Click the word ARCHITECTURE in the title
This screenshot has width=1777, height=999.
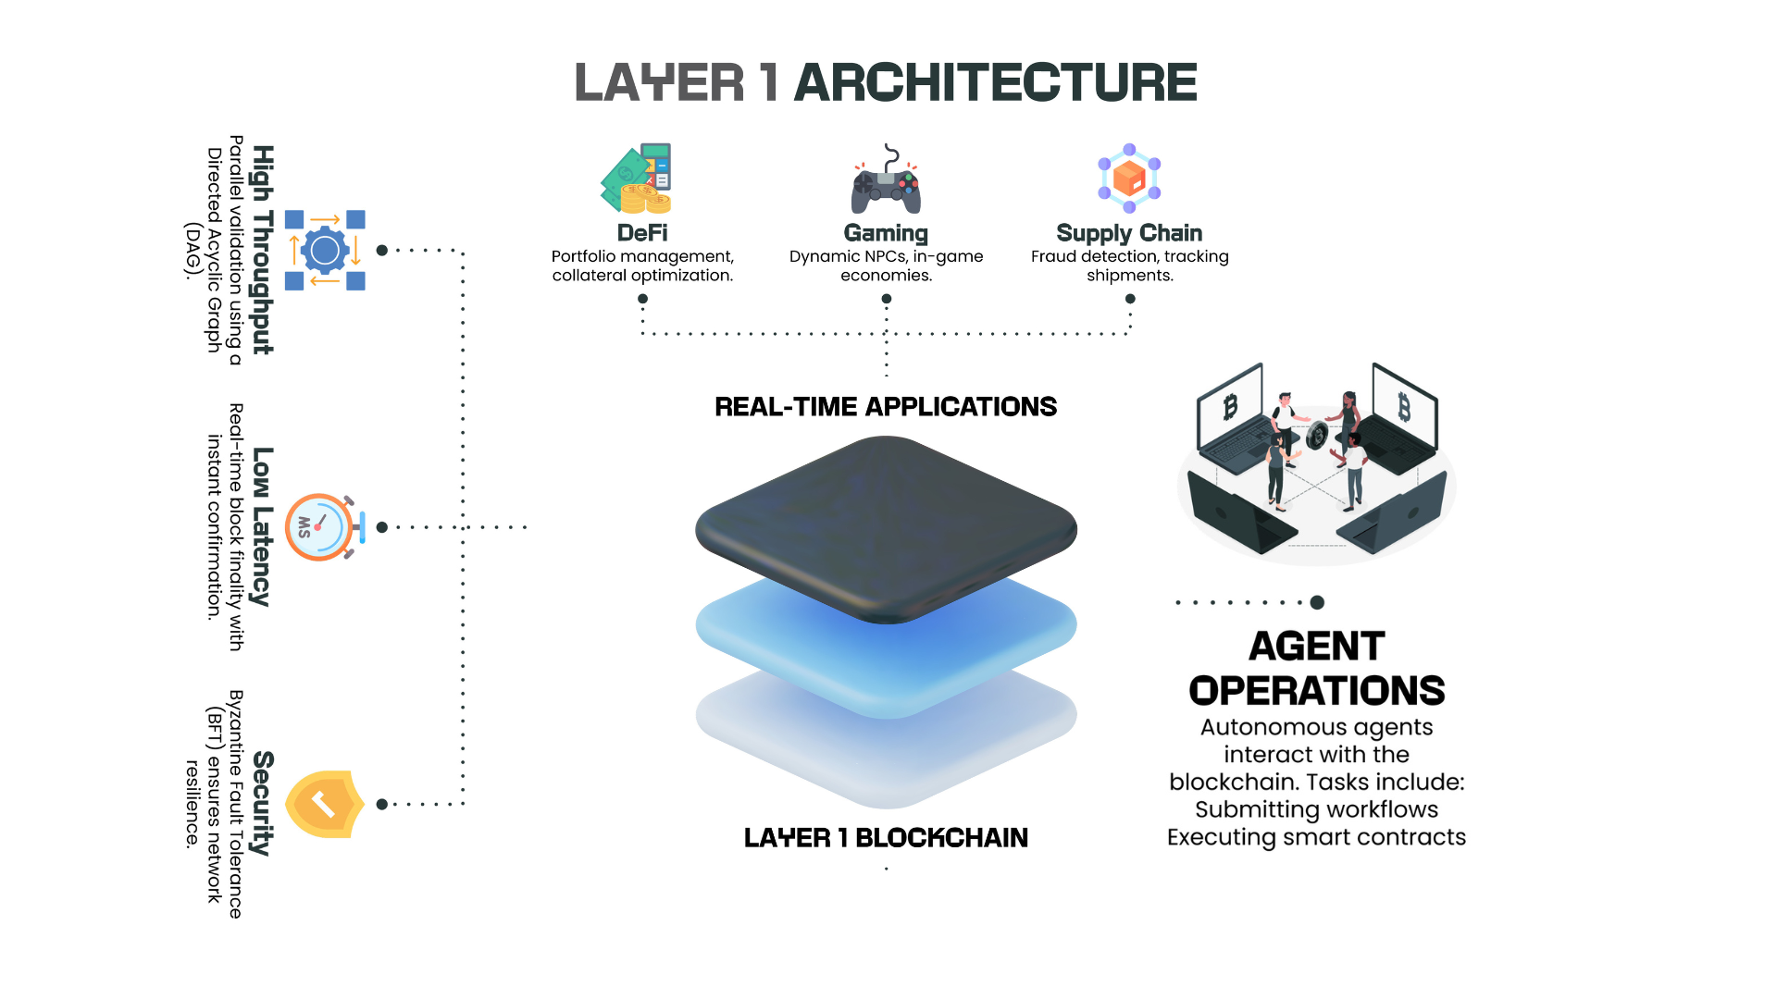click(x=995, y=82)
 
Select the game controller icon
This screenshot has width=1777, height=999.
click(x=886, y=180)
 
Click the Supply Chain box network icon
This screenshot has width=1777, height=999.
click(x=1129, y=178)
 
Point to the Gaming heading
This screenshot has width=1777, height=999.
click(x=886, y=233)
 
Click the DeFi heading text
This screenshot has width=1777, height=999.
click(x=642, y=233)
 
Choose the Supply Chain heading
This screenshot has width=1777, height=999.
click(x=1129, y=233)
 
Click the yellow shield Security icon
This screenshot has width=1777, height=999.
click(x=324, y=804)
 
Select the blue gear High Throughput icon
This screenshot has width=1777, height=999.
click(x=325, y=250)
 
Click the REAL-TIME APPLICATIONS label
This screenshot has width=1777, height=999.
click(x=886, y=407)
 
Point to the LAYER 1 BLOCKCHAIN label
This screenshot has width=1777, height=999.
click(x=886, y=838)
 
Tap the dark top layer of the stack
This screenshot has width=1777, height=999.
click(x=886, y=527)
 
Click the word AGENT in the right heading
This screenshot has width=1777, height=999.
click(x=1316, y=647)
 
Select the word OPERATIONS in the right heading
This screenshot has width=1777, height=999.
click(x=1316, y=691)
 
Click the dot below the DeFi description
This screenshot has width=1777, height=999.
click(x=642, y=299)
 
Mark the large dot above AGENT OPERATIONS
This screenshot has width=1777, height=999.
click(x=1317, y=602)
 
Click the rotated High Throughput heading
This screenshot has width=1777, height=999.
click(x=264, y=250)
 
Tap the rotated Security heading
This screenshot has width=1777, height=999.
click(x=264, y=803)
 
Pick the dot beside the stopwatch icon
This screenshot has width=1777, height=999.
click(x=382, y=527)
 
